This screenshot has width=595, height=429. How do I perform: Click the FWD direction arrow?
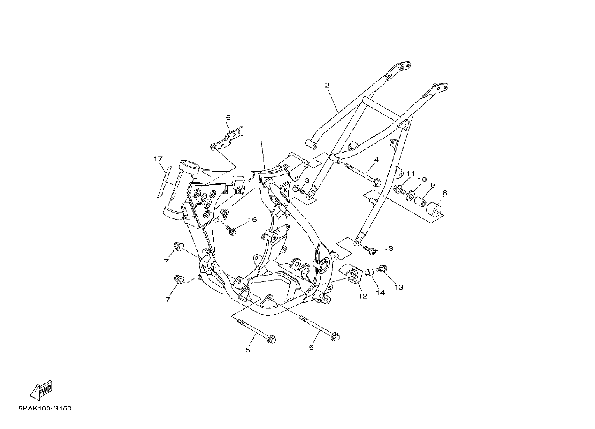tap(42, 390)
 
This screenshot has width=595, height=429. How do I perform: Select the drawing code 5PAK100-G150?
tap(45, 408)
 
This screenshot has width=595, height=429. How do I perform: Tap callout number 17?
tap(158, 159)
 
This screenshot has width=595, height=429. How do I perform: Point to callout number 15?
tap(226, 118)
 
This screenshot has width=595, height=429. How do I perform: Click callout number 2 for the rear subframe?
tap(327, 85)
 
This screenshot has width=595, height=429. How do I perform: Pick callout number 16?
tap(252, 220)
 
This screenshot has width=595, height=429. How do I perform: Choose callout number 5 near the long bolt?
tap(247, 350)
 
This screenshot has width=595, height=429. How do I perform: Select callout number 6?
tap(311, 347)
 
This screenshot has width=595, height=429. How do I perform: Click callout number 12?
tap(363, 296)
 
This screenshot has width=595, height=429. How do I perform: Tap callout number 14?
tap(380, 292)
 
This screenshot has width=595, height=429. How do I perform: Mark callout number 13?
tap(399, 287)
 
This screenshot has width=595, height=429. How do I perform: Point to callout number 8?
tap(445, 193)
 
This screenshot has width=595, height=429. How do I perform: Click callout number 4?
tap(376, 160)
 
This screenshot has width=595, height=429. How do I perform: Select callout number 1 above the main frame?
tap(261, 137)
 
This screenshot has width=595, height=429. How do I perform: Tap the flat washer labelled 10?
tap(410, 195)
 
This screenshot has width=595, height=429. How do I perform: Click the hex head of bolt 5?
tap(271, 339)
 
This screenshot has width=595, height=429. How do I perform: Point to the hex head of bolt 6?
tap(335, 337)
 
